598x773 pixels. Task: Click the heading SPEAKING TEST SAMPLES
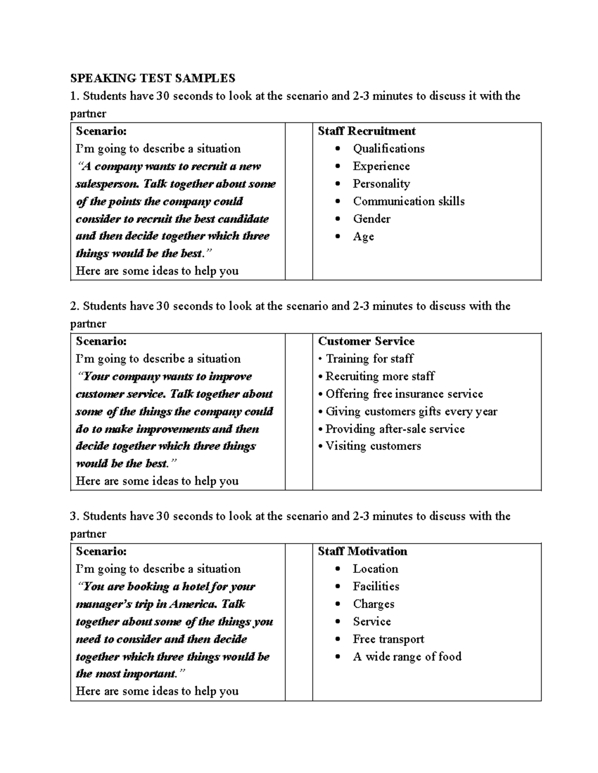point(152,78)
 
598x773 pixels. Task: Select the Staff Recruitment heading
point(367,131)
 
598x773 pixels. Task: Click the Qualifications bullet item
point(389,149)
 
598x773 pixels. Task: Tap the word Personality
point(381,184)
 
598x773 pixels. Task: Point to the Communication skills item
point(409,202)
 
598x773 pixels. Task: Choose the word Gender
point(372,219)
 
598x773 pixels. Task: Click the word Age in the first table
point(363,237)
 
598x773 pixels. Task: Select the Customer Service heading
point(366,341)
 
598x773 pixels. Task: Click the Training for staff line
point(369,359)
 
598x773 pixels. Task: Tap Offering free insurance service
point(404,394)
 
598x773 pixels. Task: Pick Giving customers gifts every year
point(411,412)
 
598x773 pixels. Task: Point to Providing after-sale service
point(395,429)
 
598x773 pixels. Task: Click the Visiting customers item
point(373,446)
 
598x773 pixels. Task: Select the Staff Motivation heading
point(362,552)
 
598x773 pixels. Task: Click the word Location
point(375,569)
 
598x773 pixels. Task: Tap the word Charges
point(374,604)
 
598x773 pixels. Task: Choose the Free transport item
point(389,639)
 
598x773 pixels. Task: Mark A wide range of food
point(407,657)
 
